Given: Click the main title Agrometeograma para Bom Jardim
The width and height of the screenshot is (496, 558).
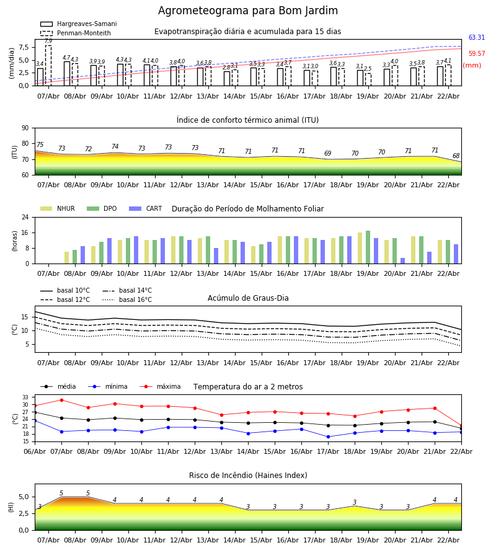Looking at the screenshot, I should click(248, 11).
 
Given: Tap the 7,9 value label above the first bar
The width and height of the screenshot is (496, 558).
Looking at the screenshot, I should click(48, 41).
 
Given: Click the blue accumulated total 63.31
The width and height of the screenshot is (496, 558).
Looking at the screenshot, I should click(476, 38).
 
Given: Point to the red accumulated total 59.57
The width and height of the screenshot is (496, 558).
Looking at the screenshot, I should click(476, 54).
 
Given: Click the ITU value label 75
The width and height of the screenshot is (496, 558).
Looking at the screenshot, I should click(40, 145).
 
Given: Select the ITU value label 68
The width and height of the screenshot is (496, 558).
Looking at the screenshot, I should click(456, 156).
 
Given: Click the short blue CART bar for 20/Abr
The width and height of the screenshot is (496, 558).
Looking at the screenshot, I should click(402, 260).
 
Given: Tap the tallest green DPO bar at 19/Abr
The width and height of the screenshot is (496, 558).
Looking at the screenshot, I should click(368, 247).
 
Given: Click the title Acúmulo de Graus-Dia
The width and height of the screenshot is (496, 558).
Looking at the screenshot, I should click(248, 298).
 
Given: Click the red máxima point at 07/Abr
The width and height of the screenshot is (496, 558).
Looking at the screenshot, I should click(61, 400).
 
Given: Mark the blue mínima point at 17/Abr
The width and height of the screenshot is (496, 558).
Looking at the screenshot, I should click(328, 436).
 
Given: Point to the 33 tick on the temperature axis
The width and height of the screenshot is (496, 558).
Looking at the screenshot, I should click(25, 397).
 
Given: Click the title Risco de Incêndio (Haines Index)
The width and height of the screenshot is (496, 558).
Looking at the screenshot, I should click(248, 476).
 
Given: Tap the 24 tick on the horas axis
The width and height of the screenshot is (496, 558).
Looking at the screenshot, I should click(25, 218).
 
